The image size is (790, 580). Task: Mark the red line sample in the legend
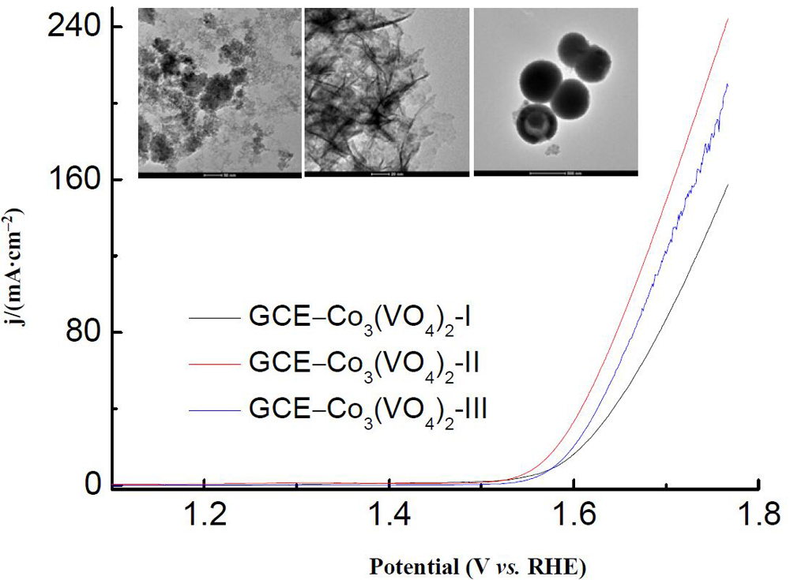[x=213, y=365]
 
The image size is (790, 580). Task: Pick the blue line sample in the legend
[x=213, y=410]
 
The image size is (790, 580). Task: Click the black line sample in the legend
[x=213, y=319]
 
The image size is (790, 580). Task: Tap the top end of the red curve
[x=727, y=19]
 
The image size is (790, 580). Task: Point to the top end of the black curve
[x=727, y=185]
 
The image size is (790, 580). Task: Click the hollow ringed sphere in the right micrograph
[x=536, y=126]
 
